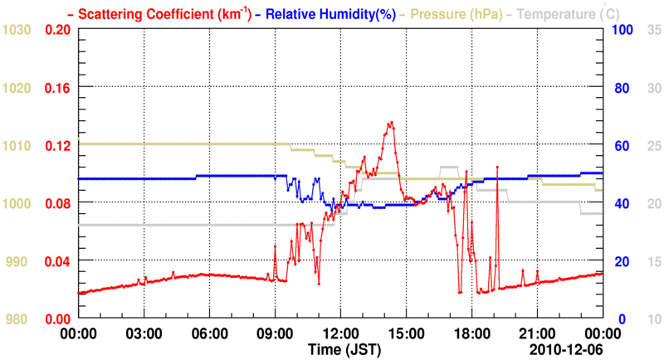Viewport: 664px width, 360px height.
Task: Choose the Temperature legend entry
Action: click(561, 13)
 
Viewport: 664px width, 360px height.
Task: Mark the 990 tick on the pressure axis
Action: click(18, 261)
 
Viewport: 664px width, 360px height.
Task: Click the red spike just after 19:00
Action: click(497, 167)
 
